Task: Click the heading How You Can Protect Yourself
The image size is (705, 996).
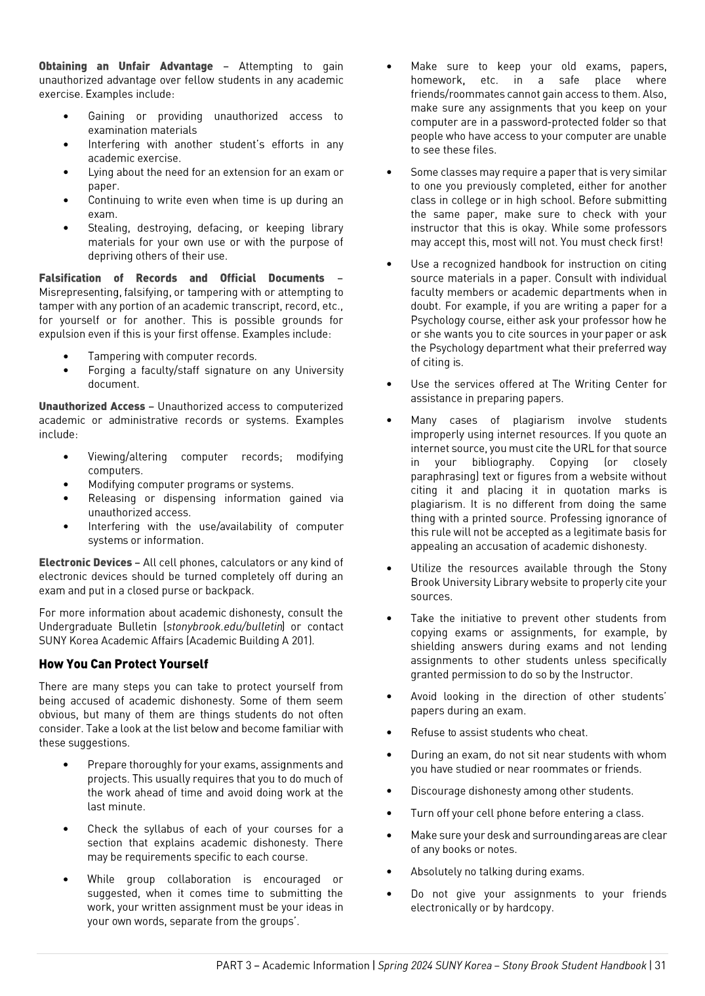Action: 123,664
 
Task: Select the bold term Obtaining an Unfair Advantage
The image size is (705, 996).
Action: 125,66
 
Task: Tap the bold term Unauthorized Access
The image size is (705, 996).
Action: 92,407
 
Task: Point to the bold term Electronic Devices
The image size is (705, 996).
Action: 85,563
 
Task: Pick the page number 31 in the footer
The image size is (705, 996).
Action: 660,966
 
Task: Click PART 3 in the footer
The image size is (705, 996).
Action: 233,966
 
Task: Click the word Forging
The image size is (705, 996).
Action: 107,371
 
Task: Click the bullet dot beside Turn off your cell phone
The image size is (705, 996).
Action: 390,814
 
